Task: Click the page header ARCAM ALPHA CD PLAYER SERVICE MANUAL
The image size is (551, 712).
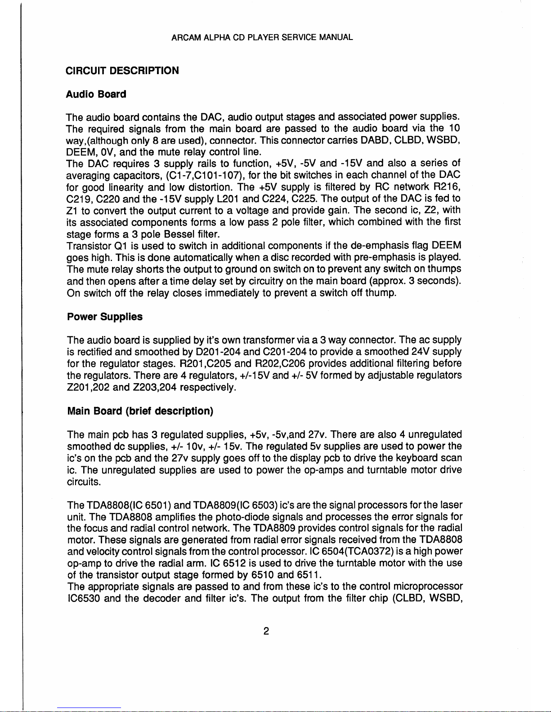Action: pyautogui.click(x=262, y=37)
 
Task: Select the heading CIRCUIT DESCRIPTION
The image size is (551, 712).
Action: pyautogui.click(x=122, y=71)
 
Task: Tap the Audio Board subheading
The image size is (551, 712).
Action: pyautogui.click(x=96, y=94)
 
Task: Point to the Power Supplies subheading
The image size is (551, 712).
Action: pyautogui.click(x=104, y=317)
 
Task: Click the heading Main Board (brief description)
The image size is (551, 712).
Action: pyautogui.click(x=140, y=411)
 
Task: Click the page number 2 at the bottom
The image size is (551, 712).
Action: pyautogui.click(x=266, y=631)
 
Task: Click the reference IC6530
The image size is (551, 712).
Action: pyautogui.click(x=83, y=598)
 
